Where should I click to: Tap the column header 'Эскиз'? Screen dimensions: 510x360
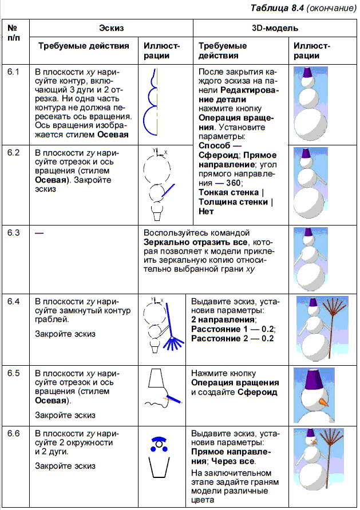click(x=110, y=27)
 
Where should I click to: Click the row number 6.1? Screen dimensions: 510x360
click(x=14, y=73)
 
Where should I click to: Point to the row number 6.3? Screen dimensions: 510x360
click(x=14, y=233)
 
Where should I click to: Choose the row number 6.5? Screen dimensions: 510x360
click(x=14, y=373)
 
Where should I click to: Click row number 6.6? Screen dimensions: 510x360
click(x=14, y=433)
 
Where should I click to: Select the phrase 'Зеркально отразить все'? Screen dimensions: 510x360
click(x=189, y=242)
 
